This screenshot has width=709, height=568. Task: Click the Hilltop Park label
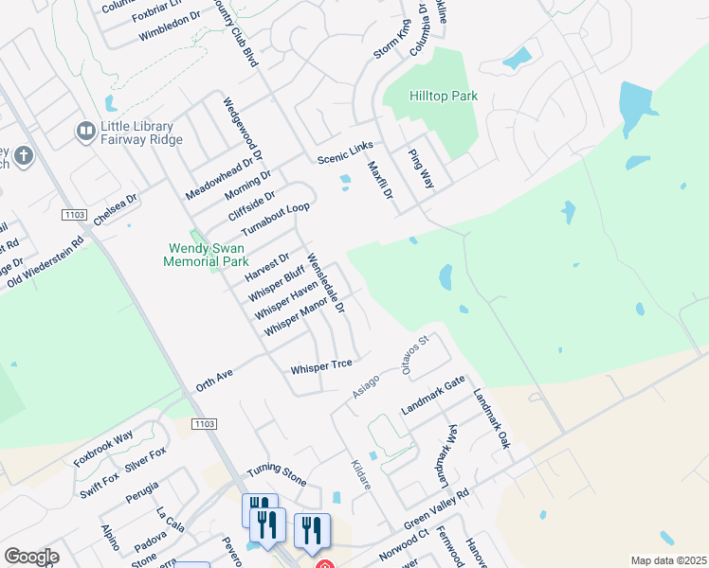[x=444, y=96]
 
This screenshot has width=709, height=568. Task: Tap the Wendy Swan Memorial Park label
[x=206, y=255]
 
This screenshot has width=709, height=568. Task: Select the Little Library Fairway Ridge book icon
[x=86, y=131]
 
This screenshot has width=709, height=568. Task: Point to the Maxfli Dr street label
[x=379, y=180]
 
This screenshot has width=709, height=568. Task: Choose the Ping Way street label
[x=421, y=168]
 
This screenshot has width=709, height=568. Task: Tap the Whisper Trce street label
[x=321, y=365]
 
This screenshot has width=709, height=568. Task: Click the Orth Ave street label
[x=214, y=377]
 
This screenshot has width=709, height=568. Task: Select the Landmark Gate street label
[x=432, y=395]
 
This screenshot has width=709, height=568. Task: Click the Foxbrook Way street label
[x=104, y=450]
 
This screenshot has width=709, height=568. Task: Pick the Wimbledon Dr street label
[x=170, y=16]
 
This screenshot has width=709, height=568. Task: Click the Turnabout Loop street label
[x=276, y=220]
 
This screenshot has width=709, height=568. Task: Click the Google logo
[x=31, y=557]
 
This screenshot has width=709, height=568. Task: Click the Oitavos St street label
[x=417, y=352]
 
